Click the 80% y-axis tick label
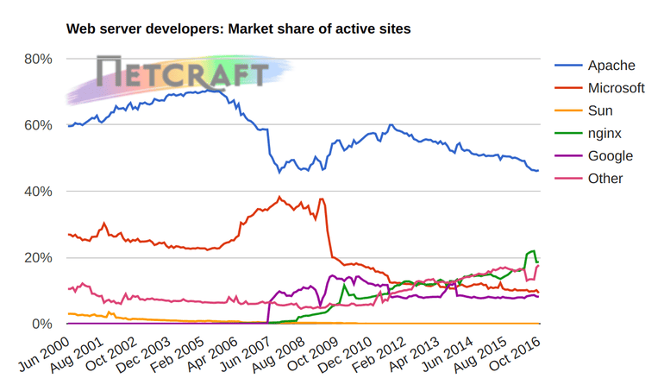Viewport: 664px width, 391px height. [x=39, y=59]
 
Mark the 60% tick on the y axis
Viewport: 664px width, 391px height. [x=39, y=125]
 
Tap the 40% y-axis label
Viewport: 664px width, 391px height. [x=39, y=192]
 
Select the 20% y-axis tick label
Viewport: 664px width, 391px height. [x=39, y=258]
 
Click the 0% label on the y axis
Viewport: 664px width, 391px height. [x=42, y=325]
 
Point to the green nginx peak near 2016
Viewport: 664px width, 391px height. [x=533, y=251]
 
